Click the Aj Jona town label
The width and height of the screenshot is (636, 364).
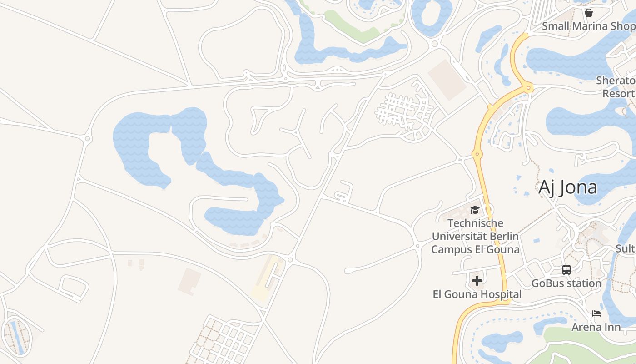coord(567,187)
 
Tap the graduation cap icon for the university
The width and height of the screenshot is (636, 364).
coord(475,210)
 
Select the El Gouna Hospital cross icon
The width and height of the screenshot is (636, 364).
coord(477,281)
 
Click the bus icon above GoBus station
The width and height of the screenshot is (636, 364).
coord(566,269)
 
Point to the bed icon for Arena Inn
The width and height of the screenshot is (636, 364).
coord(596,313)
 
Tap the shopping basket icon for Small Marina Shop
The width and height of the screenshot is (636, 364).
coord(589,12)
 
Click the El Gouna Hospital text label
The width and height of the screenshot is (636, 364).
coord(477,294)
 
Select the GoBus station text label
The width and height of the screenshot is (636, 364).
coord(566,283)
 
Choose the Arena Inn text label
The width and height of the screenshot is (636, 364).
coord(596,327)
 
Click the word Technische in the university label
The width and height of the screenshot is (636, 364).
coord(476,223)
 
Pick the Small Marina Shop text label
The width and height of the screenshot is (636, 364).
coord(589,26)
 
